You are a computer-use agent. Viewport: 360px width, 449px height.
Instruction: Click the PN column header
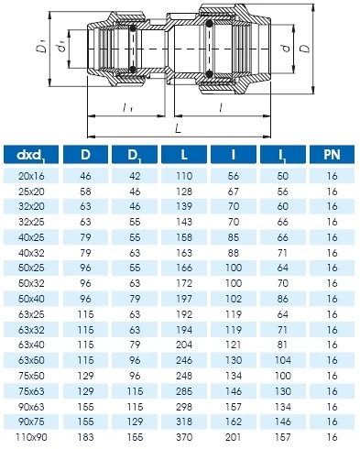[332, 155]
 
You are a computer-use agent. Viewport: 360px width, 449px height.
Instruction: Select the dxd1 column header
[31, 155]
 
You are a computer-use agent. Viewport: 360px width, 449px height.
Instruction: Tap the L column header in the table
[184, 155]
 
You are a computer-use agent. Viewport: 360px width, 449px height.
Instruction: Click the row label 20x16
[31, 176]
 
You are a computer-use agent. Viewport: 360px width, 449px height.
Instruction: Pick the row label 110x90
[31, 437]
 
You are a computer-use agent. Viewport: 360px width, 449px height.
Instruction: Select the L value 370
[184, 437]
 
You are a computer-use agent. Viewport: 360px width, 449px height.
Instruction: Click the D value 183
[85, 437]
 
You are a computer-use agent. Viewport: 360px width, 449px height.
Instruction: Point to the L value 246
[184, 360]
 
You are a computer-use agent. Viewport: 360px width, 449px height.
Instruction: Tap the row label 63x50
[31, 360]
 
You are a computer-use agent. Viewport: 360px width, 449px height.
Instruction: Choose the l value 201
[234, 437]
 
